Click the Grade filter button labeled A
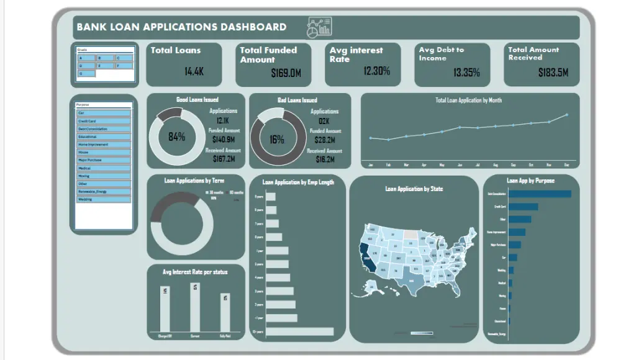click(x=86, y=57)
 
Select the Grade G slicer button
click(x=86, y=73)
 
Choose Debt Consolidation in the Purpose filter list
click(x=104, y=128)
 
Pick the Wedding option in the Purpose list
click(x=104, y=199)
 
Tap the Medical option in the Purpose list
click(x=104, y=168)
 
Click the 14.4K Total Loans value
click(x=194, y=71)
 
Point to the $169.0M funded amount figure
click(x=286, y=73)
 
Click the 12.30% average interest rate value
click(x=376, y=71)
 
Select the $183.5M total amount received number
click(x=553, y=73)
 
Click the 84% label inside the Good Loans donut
click(x=177, y=137)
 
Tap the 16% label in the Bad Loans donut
click(x=277, y=140)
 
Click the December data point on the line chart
click(x=566, y=115)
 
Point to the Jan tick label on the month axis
click(x=371, y=166)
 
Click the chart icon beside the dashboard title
click(x=319, y=27)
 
